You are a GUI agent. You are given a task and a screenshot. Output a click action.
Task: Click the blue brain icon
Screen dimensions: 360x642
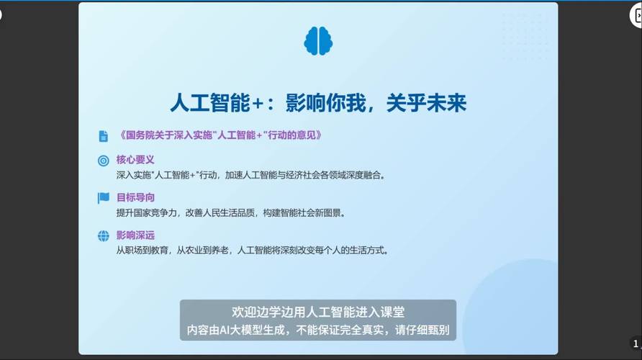(318, 41)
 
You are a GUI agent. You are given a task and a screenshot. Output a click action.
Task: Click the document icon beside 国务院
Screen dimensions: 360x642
(104, 136)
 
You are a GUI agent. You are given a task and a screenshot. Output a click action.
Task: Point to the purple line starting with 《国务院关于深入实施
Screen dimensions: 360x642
(219, 135)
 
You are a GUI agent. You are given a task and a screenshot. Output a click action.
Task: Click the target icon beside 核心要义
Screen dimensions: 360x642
(104, 161)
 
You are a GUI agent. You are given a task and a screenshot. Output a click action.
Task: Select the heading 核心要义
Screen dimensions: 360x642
(135, 160)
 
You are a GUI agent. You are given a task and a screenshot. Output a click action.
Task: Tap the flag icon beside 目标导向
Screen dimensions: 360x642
(104, 198)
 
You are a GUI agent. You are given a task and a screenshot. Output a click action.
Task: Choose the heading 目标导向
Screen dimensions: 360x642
(135, 197)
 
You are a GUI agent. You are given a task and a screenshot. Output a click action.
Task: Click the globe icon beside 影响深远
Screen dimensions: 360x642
(104, 235)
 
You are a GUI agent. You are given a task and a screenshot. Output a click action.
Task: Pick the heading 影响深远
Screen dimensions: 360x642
(135, 235)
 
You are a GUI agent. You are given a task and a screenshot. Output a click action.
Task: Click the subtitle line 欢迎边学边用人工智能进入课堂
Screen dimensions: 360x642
(317, 312)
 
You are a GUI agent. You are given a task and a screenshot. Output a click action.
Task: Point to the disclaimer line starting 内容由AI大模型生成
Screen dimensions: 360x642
(317, 330)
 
